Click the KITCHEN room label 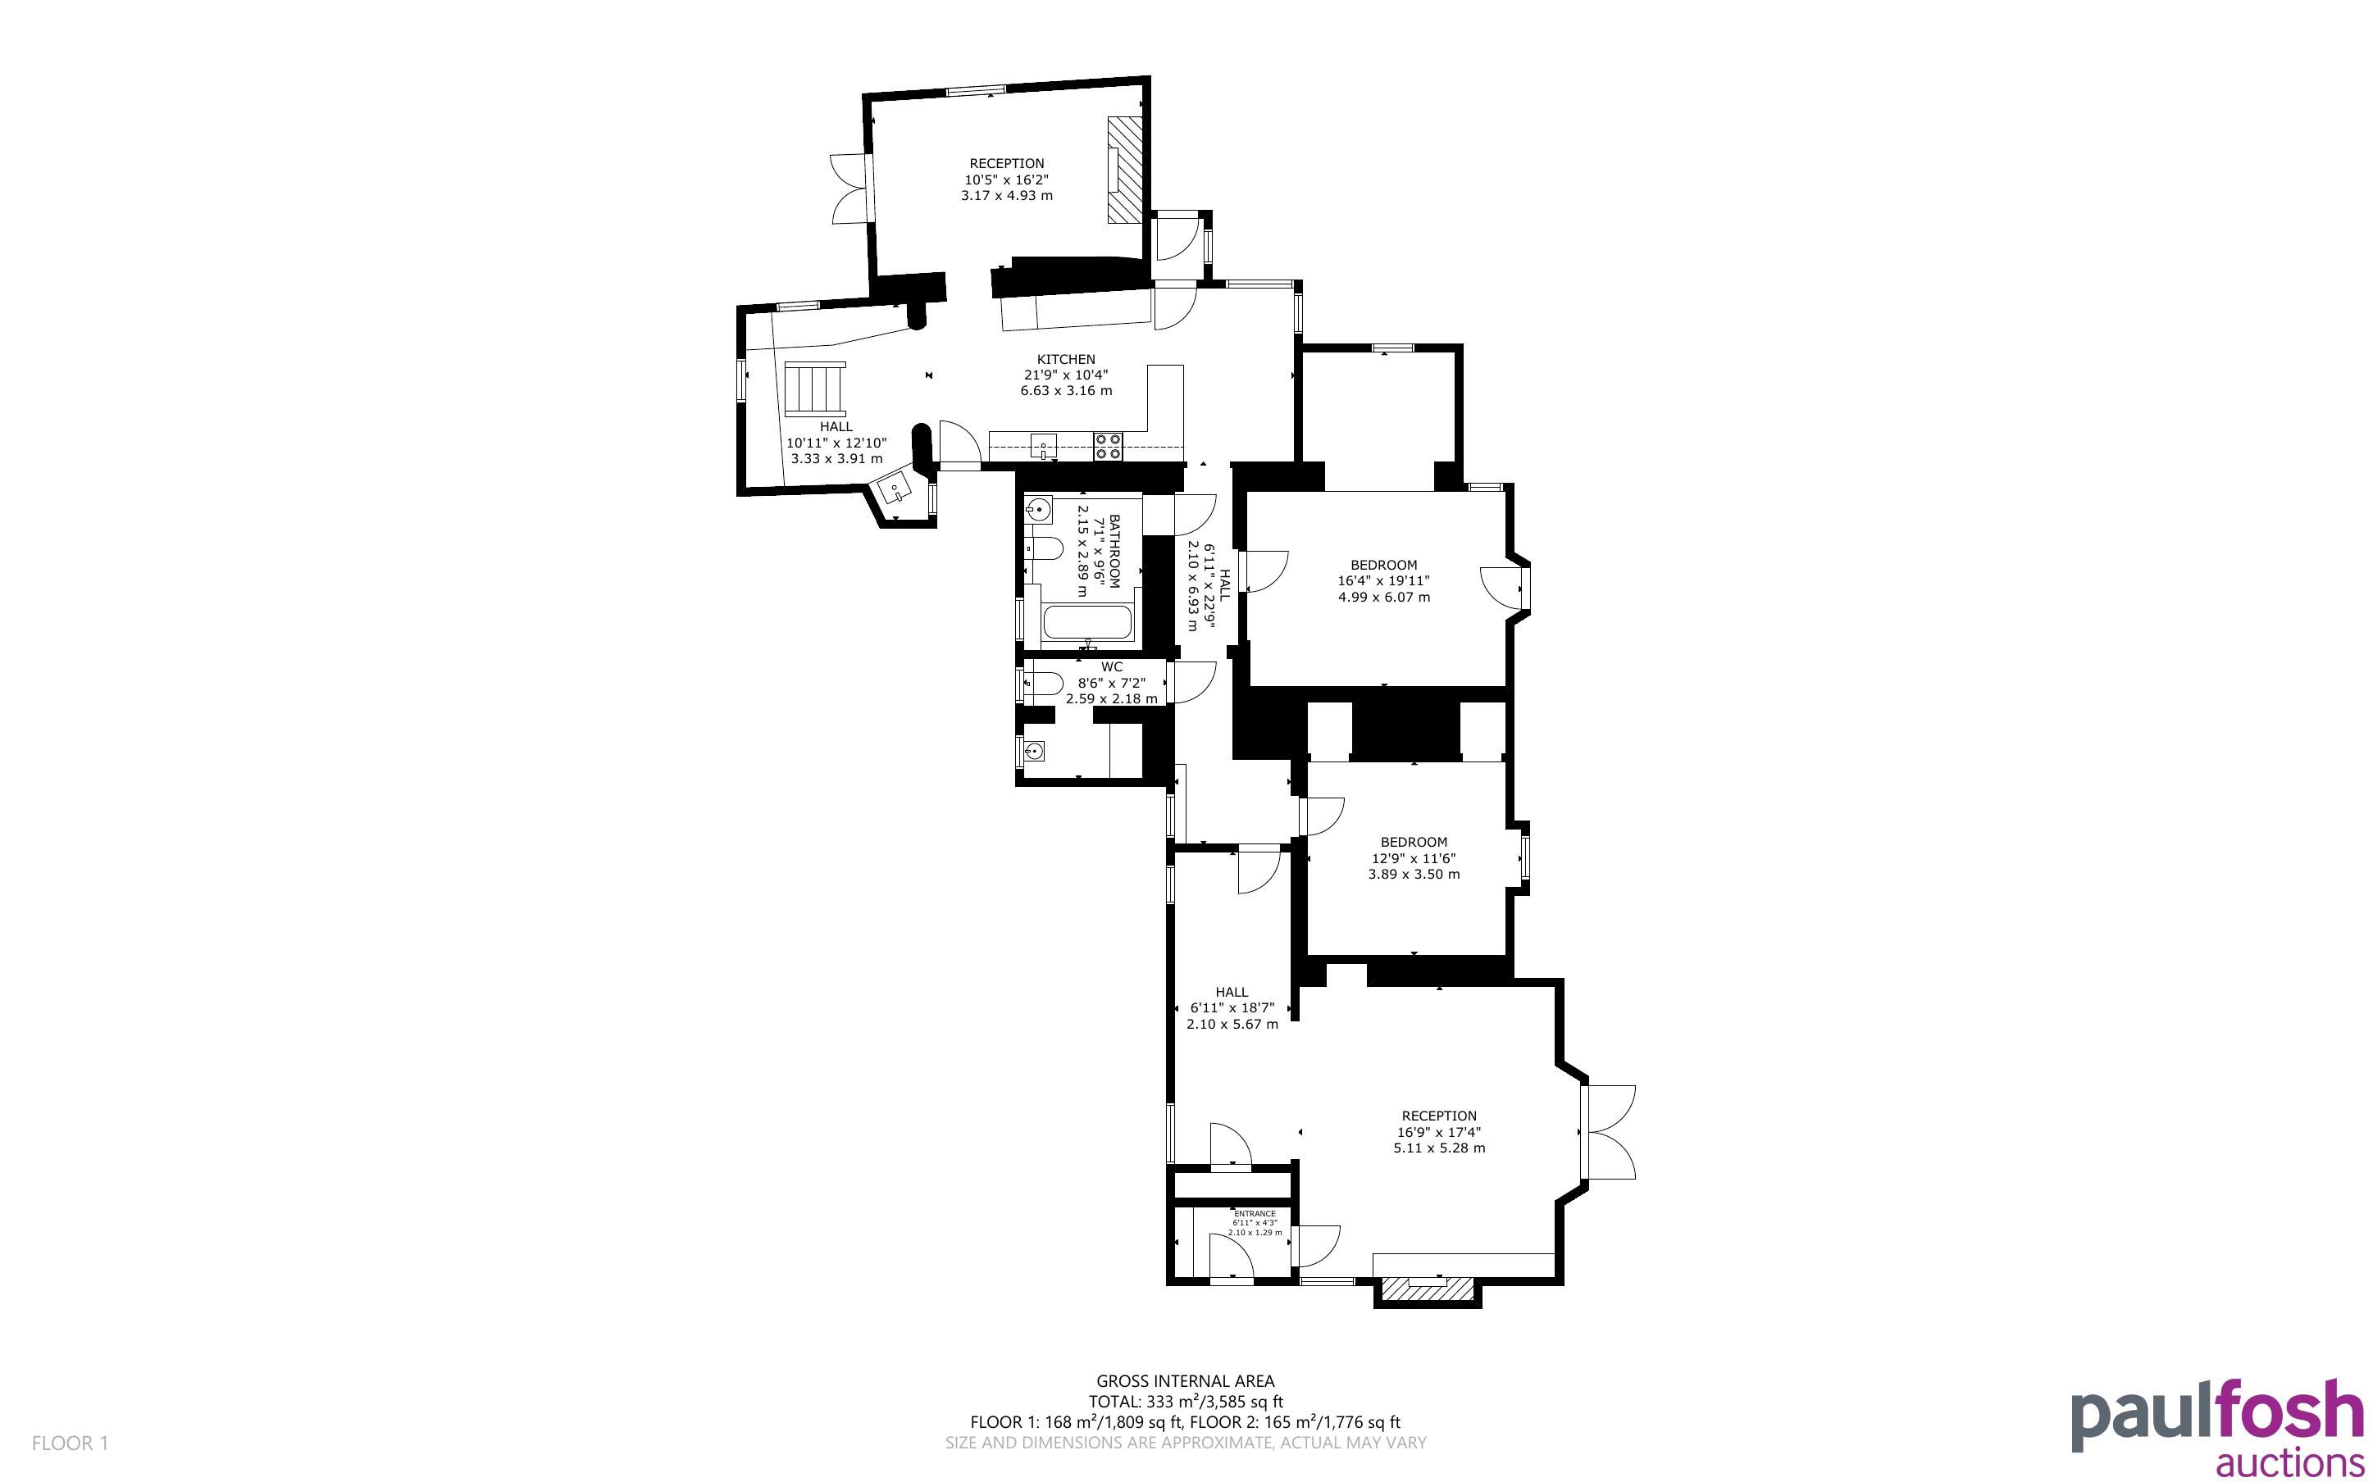[x=1067, y=360]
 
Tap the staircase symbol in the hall [x=814, y=389]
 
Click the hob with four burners [x=1109, y=446]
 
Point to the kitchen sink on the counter [x=1044, y=446]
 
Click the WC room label [x=1112, y=667]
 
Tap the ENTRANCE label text [x=1255, y=1213]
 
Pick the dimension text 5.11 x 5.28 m [x=1439, y=1148]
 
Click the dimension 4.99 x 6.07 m [x=1384, y=597]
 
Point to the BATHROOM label [x=1114, y=551]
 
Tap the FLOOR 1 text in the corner [x=70, y=1443]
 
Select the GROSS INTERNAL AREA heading [x=1185, y=1382]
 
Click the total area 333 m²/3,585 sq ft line [x=1185, y=1402]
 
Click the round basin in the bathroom [x=1038, y=510]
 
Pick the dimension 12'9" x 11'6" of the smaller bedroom [x=1414, y=858]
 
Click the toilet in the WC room [x=1042, y=683]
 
